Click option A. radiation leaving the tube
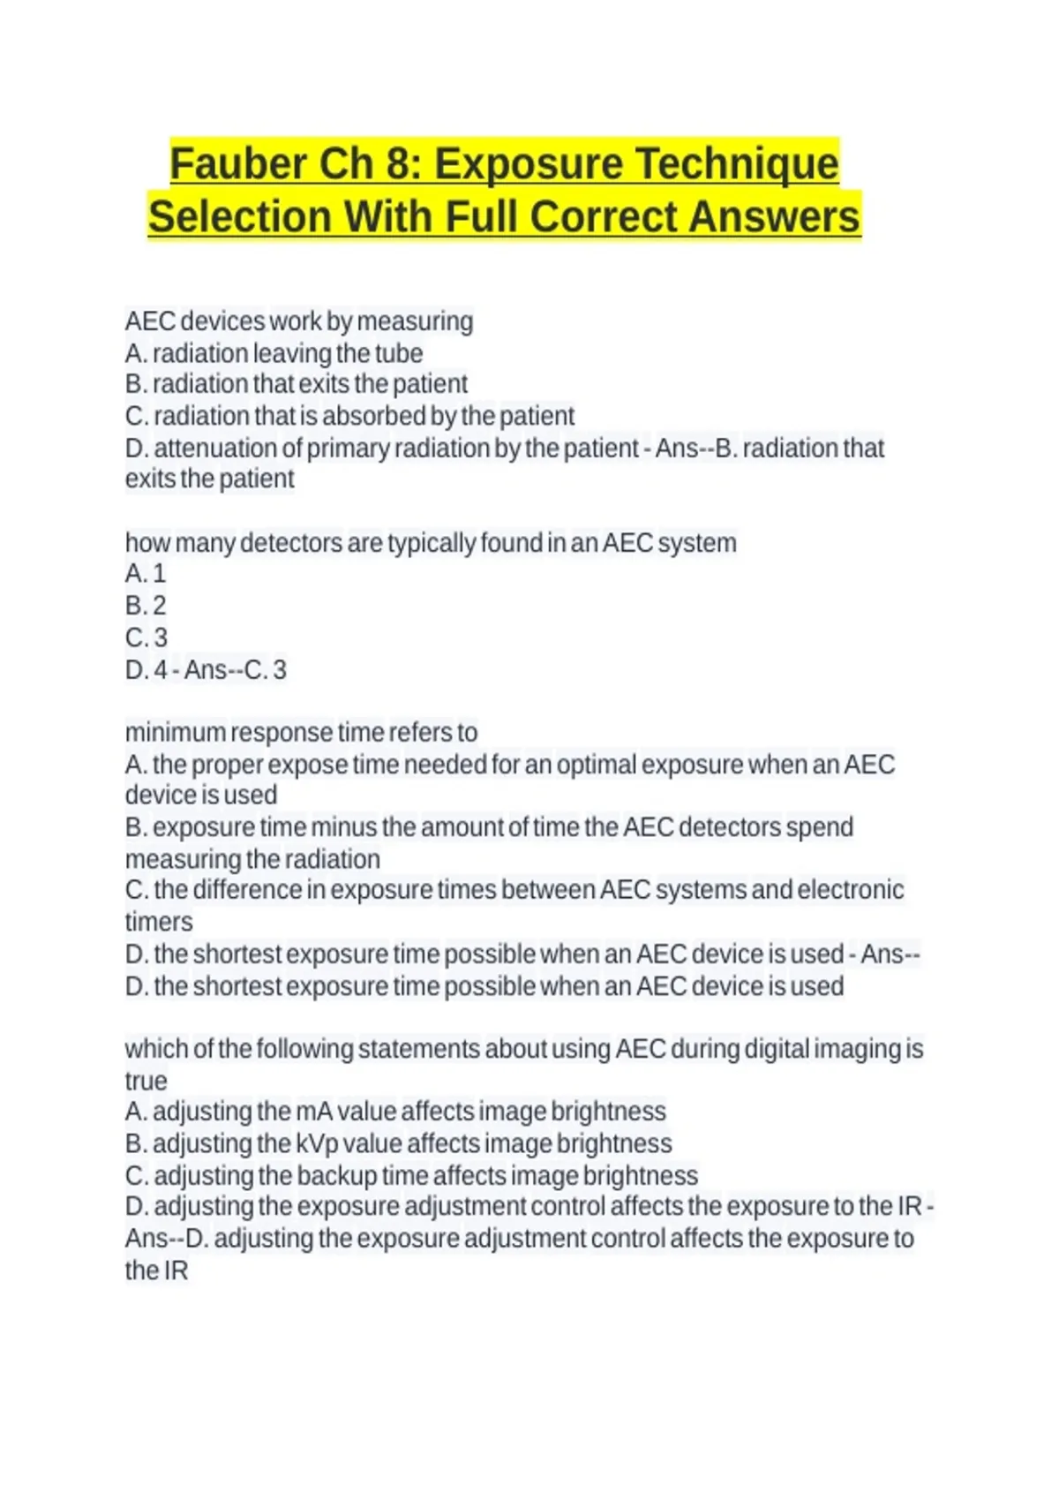point(274,353)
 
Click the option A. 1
point(146,574)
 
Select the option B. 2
point(146,606)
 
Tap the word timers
point(159,922)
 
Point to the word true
point(146,1081)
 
